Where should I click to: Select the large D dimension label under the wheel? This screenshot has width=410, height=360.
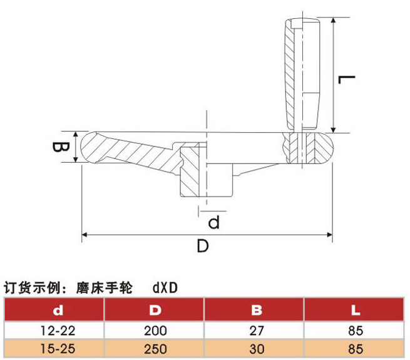202,246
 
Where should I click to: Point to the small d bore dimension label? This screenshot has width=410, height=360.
213,222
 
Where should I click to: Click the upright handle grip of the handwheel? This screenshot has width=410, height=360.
304,72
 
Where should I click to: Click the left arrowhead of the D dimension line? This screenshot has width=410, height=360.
86,235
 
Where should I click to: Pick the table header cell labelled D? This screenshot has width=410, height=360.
155,309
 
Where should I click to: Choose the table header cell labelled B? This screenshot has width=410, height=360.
255,309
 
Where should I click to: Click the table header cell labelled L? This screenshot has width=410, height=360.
355,309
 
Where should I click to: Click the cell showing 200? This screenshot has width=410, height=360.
155,330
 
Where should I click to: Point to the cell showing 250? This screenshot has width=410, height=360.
155,348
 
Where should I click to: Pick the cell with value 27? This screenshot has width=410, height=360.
255,330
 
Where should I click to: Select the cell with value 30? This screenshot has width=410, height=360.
255,348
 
